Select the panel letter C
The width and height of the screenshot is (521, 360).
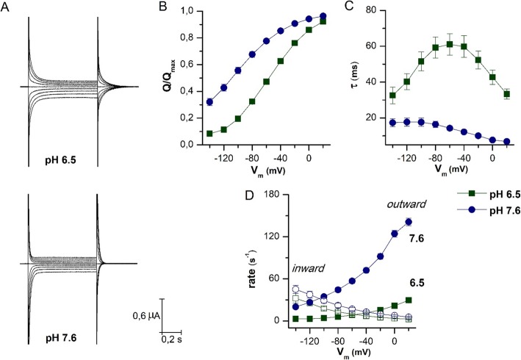(350, 9)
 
